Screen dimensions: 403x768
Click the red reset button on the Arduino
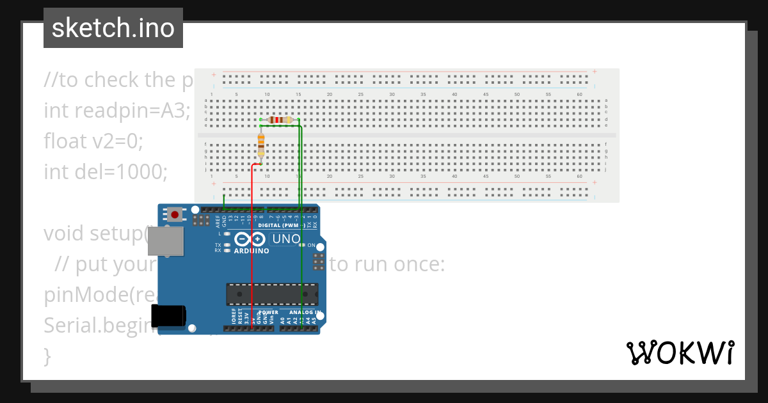[174, 215]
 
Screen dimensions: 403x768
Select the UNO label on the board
[285, 239]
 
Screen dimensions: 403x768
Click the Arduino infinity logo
[250, 239]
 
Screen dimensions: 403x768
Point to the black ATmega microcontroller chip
[271, 294]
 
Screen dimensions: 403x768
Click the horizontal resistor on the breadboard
[280, 120]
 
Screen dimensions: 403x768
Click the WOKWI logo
[680, 352]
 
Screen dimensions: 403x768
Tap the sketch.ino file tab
[113, 28]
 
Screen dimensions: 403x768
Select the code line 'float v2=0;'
[93, 141]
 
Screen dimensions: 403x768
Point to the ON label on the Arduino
[311, 246]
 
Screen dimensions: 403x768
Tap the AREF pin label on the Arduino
[218, 221]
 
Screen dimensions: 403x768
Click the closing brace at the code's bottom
[47, 356]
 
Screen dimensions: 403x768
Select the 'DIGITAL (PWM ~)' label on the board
[279, 226]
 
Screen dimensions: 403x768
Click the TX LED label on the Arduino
[218, 245]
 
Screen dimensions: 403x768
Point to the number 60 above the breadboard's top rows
[579, 94]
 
